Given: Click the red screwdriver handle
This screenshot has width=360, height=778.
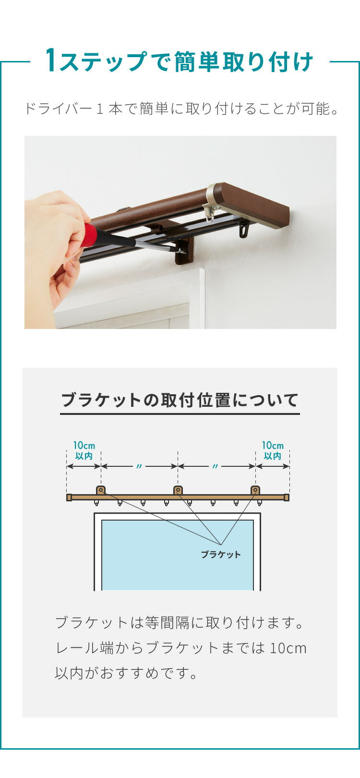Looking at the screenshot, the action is pos(93,235).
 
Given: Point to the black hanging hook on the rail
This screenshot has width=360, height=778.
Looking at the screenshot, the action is pos(244,230).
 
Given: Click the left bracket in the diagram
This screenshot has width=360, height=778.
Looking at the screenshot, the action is pos(101,490).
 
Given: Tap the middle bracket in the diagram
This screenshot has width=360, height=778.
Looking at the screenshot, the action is pos(178,490).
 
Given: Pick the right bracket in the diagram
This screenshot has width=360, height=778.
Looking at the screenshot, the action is pos(255,490).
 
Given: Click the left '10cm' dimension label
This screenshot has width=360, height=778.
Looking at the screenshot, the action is pos(84,445).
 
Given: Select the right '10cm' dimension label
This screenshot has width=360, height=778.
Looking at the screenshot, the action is pos(273,445).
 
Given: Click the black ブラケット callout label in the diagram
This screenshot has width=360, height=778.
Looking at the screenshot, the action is pos(221,554).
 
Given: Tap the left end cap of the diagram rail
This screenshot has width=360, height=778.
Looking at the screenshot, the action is pos(69,498).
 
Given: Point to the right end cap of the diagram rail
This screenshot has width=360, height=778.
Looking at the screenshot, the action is pos(287,498).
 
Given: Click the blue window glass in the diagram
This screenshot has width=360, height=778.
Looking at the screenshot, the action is pos(178,555).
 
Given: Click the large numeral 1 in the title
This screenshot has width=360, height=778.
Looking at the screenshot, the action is pos(51,61).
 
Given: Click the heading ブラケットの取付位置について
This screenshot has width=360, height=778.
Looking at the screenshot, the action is pos(180,400).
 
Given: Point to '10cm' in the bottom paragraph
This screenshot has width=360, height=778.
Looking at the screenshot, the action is pos(288,648).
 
